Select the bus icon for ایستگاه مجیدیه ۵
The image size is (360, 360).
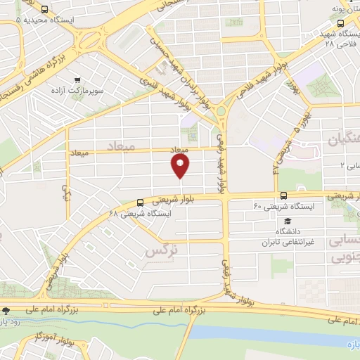pyautogui.click(x=45, y=10)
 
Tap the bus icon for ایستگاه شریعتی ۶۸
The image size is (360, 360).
pyautogui.click(x=141, y=202)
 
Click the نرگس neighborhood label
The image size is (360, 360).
pyautogui.click(x=160, y=250)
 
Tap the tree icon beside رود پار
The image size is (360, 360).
pyautogui.click(x=6, y=310)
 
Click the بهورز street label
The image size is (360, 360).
pyautogui.click(x=292, y=86)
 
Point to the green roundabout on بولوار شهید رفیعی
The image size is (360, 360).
pyautogui.click(x=222, y=110)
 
